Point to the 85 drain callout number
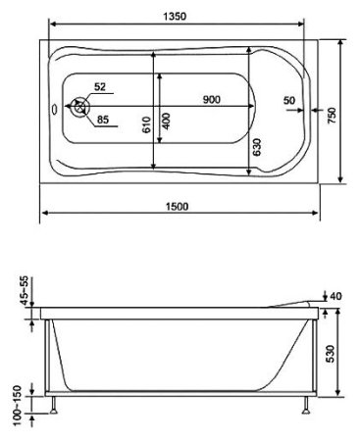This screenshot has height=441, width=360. (102, 121)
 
